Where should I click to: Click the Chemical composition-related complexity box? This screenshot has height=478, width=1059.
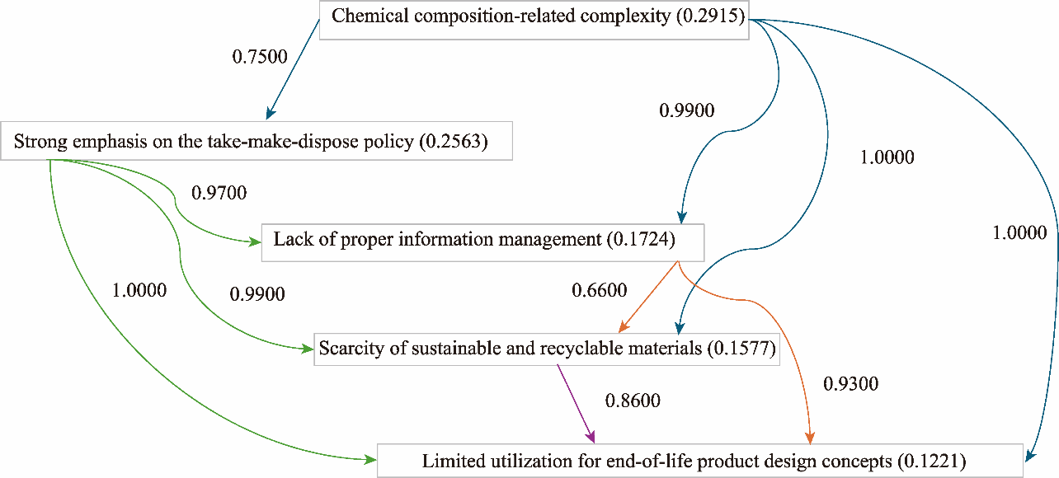534,17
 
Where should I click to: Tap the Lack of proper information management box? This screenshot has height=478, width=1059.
482,241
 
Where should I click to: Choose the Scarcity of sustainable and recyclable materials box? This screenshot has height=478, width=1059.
547,349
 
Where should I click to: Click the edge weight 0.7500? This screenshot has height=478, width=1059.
259,58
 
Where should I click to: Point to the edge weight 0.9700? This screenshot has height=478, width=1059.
219,193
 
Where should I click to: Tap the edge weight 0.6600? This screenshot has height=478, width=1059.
600,290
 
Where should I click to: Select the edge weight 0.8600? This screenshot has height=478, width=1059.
633,401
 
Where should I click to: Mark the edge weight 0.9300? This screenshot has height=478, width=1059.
851,383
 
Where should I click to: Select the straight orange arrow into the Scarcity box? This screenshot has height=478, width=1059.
647,298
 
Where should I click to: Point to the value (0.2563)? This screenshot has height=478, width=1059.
454,142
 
